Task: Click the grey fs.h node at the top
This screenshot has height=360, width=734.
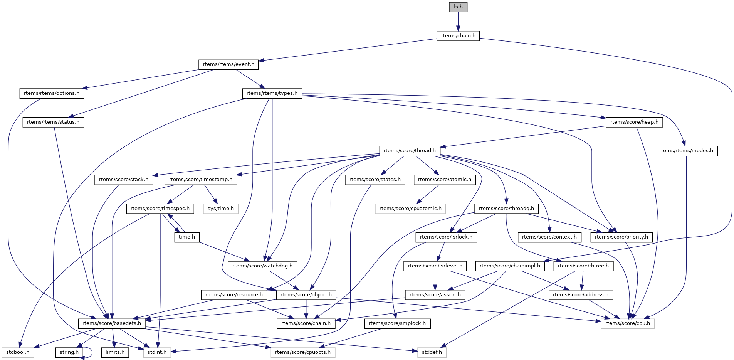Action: point(458,7)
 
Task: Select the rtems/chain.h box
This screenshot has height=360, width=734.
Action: point(458,36)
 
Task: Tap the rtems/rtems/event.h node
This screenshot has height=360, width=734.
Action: point(228,64)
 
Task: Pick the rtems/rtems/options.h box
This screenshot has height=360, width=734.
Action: point(52,93)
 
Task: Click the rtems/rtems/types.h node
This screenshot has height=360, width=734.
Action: point(272,93)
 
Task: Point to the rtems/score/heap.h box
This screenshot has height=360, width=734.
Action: point(634,122)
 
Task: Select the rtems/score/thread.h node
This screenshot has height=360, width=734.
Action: point(410,151)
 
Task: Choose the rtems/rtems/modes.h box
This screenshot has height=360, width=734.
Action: point(686,151)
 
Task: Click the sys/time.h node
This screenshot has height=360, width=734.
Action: point(221,209)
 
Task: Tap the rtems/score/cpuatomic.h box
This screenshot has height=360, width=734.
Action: point(410,209)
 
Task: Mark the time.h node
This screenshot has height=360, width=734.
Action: point(187,237)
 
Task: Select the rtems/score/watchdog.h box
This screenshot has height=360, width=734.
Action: point(262,266)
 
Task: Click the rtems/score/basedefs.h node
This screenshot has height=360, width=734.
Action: point(112,323)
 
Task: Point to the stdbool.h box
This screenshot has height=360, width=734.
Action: point(18,352)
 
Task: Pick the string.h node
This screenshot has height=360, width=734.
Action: point(69,352)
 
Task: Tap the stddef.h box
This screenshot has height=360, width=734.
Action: point(432,352)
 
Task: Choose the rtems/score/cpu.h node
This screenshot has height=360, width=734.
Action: point(627,323)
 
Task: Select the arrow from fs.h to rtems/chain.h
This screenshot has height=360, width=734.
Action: point(458,21)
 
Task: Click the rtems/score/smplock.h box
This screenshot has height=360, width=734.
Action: point(397,323)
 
